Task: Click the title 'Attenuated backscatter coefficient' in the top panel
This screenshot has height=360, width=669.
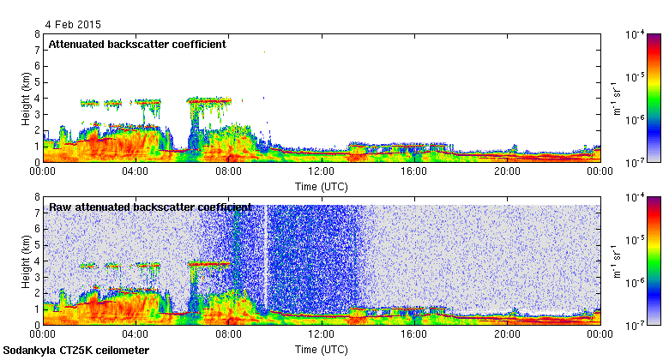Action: tap(137, 44)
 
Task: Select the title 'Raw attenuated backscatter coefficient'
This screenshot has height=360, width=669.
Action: tap(150, 207)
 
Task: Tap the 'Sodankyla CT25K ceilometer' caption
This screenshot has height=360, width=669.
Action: tap(76, 351)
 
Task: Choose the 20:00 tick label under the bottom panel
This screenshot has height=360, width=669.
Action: tap(507, 335)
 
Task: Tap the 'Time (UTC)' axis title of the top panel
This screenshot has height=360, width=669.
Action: tap(322, 185)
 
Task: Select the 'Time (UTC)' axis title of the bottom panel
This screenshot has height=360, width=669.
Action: tap(322, 349)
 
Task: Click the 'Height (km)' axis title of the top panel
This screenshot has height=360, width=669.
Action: tap(27, 98)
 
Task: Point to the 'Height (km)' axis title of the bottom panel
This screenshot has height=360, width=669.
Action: tap(27, 261)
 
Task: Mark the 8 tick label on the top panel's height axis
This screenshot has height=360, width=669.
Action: tap(36, 34)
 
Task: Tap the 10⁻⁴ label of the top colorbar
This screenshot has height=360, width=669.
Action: tap(636, 34)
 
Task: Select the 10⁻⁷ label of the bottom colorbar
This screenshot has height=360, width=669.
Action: tap(636, 325)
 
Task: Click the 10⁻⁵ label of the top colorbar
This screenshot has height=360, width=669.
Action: tap(636, 77)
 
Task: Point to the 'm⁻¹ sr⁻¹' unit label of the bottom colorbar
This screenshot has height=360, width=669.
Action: tap(616, 261)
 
